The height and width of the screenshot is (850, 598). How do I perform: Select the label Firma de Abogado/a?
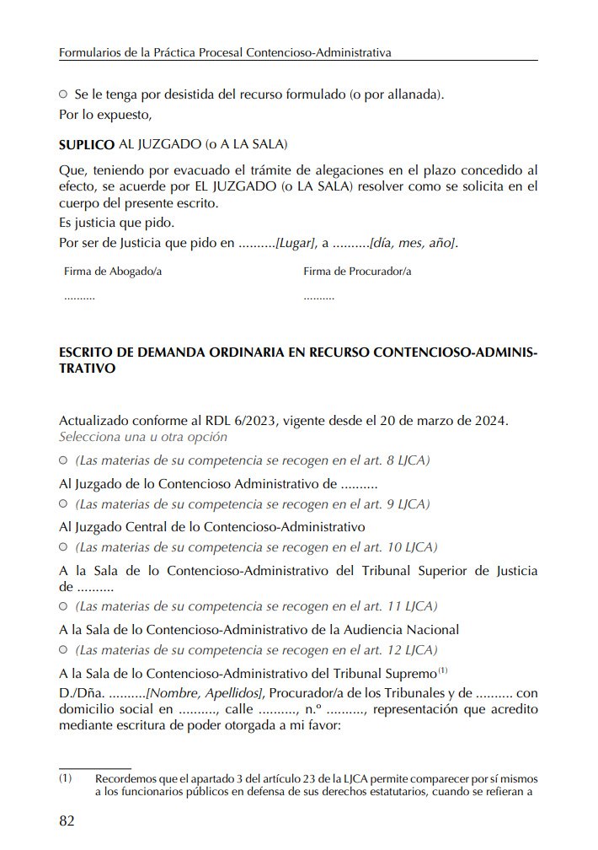tap(113, 272)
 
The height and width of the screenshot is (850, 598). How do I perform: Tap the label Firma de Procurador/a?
tap(357, 272)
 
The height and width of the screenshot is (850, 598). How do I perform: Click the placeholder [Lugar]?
tap(296, 244)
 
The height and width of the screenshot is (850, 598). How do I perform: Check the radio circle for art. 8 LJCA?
tap(63, 461)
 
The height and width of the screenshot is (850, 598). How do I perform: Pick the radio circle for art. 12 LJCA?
tap(63, 651)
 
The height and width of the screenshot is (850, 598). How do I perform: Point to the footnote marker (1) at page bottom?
tap(66, 778)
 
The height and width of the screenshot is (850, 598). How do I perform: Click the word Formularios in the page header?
tap(88, 52)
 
